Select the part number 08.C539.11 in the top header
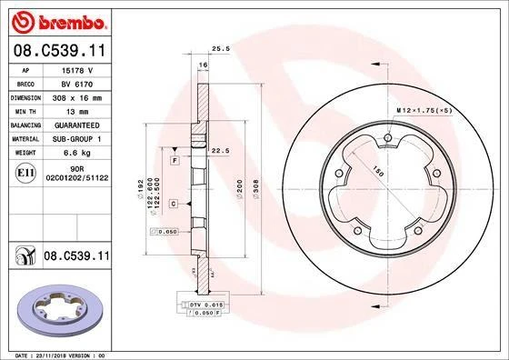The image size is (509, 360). tap(56, 52)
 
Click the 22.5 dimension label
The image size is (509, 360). tap(218, 152)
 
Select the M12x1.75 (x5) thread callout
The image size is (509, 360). tap(417, 110)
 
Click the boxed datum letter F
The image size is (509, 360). tap(173, 160)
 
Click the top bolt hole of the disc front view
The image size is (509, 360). tap(387, 139)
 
